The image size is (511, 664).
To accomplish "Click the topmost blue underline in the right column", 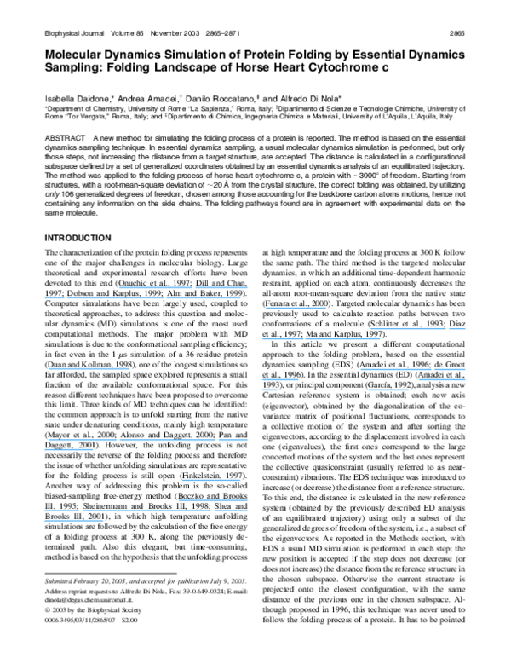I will click(x=296, y=309).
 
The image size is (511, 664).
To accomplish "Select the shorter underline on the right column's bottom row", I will click(x=270, y=390).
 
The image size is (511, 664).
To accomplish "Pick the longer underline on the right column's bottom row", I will click(x=388, y=390).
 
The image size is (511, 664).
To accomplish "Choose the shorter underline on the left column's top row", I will click(x=220, y=288).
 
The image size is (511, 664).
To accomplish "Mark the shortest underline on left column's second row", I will click(x=54, y=298).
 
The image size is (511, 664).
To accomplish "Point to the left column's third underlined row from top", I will click(x=89, y=369).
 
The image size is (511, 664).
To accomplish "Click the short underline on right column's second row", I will click(x=457, y=329).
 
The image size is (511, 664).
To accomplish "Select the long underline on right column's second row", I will click(x=408, y=329).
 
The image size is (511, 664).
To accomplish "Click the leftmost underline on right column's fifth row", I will click(x=280, y=379).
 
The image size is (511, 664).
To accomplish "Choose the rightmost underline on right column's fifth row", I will click(x=442, y=379).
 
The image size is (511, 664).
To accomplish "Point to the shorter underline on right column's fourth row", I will click(x=450, y=370).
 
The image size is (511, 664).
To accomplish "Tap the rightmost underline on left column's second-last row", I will click(x=232, y=510).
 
